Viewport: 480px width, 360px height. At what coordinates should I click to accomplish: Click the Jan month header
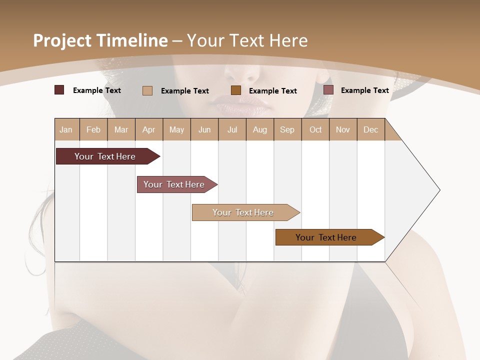click(66, 129)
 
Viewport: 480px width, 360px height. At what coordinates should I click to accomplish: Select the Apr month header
click(149, 129)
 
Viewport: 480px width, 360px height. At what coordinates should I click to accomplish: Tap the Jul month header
click(232, 129)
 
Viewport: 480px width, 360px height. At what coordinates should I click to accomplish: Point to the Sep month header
click(287, 129)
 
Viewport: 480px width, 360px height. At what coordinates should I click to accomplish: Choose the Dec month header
click(370, 129)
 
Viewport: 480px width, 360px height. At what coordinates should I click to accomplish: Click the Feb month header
click(93, 129)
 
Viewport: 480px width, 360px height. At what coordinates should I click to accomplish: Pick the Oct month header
click(315, 129)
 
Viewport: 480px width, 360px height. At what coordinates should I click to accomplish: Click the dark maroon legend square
click(59, 90)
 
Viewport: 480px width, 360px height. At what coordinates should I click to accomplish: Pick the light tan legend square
click(147, 90)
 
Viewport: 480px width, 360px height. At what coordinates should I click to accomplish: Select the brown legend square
click(236, 90)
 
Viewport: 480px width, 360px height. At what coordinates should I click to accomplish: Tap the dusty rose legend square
click(328, 90)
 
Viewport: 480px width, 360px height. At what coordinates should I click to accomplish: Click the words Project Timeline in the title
click(100, 40)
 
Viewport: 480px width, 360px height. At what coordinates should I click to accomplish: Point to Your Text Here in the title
click(247, 40)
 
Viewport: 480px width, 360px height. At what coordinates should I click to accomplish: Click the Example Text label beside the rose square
click(364, 90)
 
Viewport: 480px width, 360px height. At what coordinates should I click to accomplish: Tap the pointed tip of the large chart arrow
click(438, 190)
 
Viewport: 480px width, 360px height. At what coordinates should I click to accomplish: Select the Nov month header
click(343, 129)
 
